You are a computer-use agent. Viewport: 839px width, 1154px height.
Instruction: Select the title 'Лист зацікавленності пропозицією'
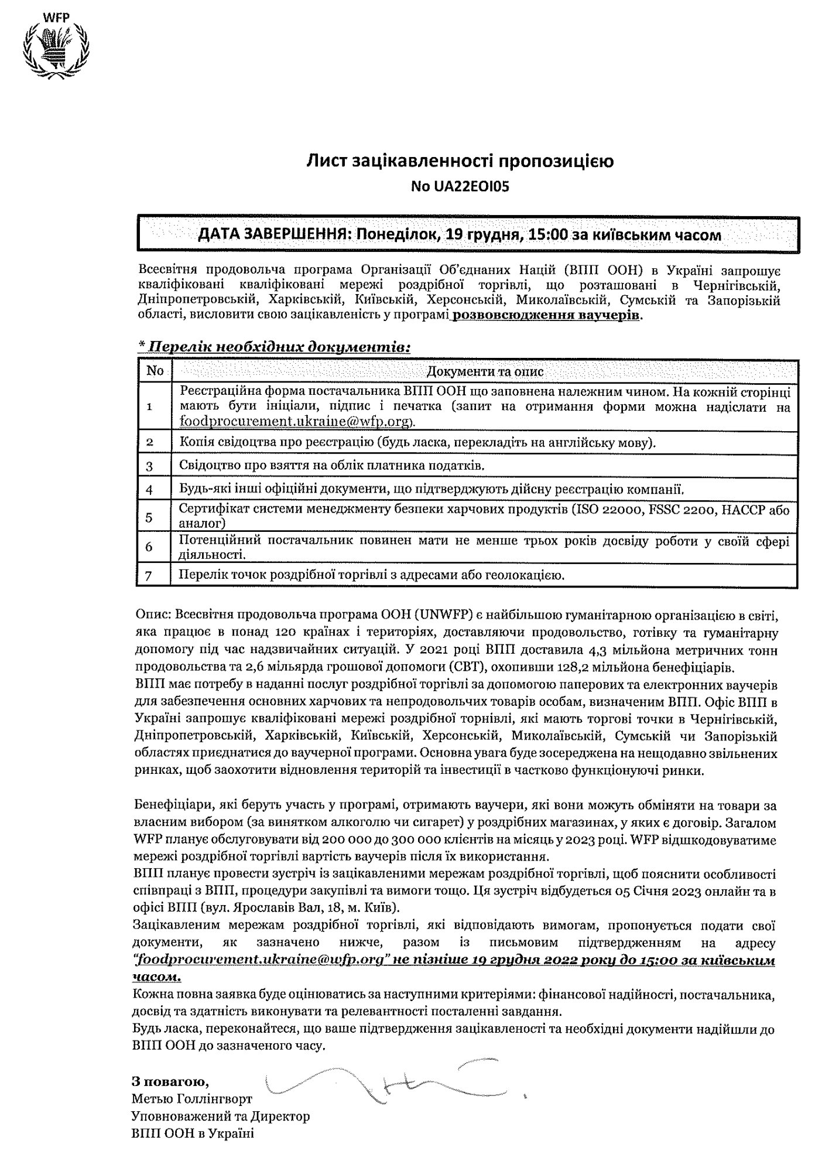tap(461, 161)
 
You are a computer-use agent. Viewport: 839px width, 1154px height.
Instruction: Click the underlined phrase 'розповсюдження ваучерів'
tap(547, 315)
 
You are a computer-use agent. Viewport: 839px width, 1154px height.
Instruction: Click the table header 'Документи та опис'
tap(485, 371)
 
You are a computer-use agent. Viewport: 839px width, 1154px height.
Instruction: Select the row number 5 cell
tap(149, 517)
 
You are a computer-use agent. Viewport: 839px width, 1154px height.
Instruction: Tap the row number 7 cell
tap(149, 575)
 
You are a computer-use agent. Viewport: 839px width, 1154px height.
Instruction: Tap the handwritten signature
tap(386, 1080)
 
